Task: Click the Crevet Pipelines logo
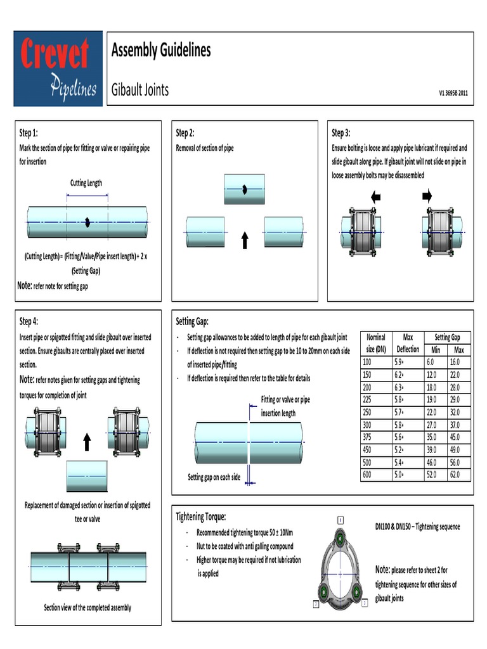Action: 58,68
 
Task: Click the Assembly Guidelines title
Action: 160,51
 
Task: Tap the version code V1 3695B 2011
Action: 453,92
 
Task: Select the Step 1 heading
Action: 29,133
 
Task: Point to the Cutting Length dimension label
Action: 86,183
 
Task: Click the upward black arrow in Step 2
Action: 245,240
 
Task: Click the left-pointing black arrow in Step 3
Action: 376,197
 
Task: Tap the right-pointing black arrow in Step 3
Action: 426,197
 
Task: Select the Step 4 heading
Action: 29,321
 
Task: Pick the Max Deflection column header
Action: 407,343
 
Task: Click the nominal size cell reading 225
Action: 368,399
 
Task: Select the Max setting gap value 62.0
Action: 456,475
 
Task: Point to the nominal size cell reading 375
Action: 368,437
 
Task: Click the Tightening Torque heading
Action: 200,517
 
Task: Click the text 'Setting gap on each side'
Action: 214,477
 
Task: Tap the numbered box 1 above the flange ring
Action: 340,520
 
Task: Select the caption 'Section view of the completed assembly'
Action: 88,607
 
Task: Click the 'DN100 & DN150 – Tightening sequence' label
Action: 418,527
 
